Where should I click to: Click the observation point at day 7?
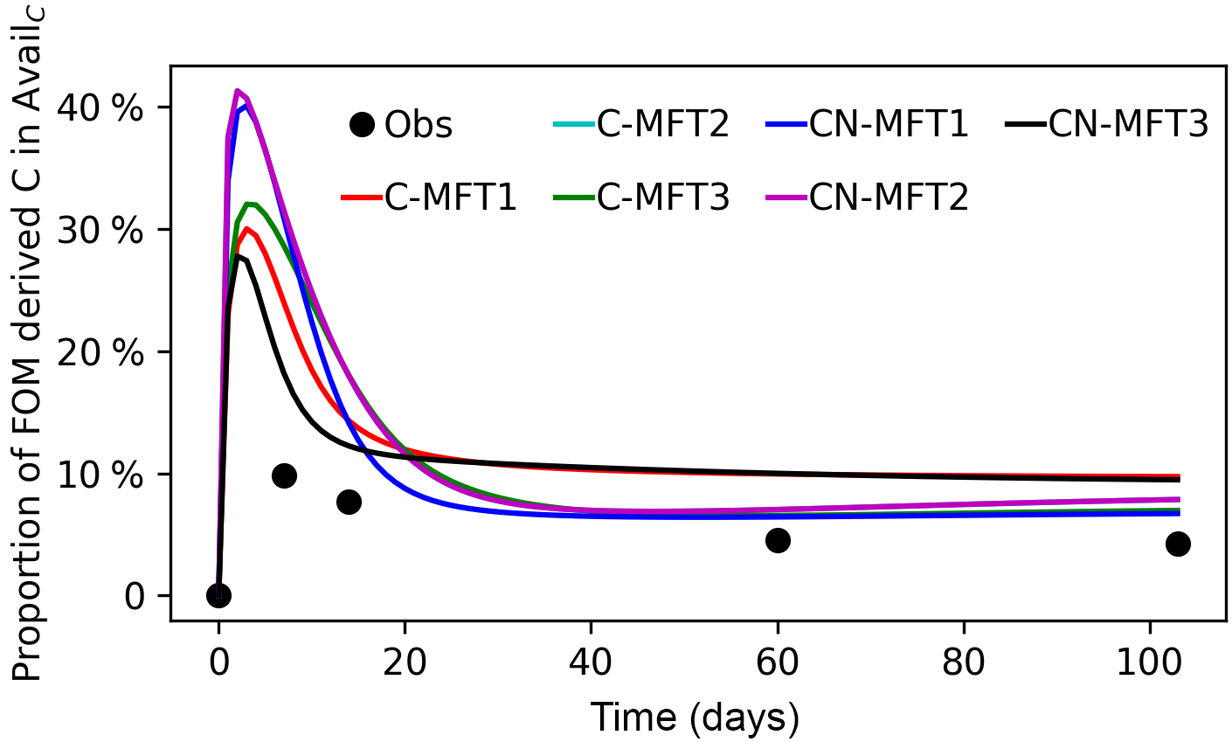(x=284, y=475)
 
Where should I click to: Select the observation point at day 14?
(x=349, y=502)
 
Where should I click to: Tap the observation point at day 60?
(x=778, y=540)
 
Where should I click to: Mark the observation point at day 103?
(x=1178, y=544)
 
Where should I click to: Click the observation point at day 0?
(x=218, y=595)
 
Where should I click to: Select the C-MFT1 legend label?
(x=450, y=198)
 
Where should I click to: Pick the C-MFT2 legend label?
(x=663, y=125)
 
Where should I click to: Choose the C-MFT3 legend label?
(x=663, y=198)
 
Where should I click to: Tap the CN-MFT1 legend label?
(x=889, y=125)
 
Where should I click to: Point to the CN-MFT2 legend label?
(x=889, y=198)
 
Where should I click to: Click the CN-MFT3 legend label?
(x=1128, y=125)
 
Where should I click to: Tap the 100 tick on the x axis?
(x=1150, y=662)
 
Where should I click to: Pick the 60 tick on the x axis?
(x=778, y=662)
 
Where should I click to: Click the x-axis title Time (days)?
(x=695, y=718)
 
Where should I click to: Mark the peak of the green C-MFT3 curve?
(x=249, y=205)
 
